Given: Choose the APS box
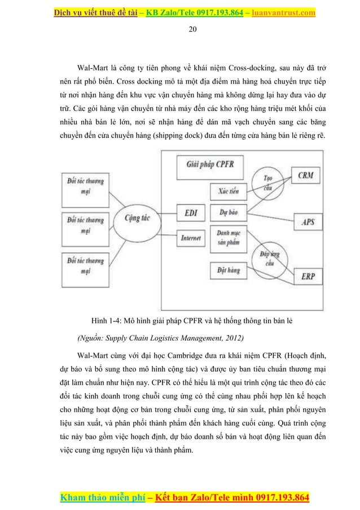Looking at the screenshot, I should [x=308, y=222].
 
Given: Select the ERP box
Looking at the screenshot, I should [x=308, y=277].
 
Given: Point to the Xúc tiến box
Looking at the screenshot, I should [x=229, y=191].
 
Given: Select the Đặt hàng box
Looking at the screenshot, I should [x=229, y=272].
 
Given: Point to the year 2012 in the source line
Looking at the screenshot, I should [x=230, y=339].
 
